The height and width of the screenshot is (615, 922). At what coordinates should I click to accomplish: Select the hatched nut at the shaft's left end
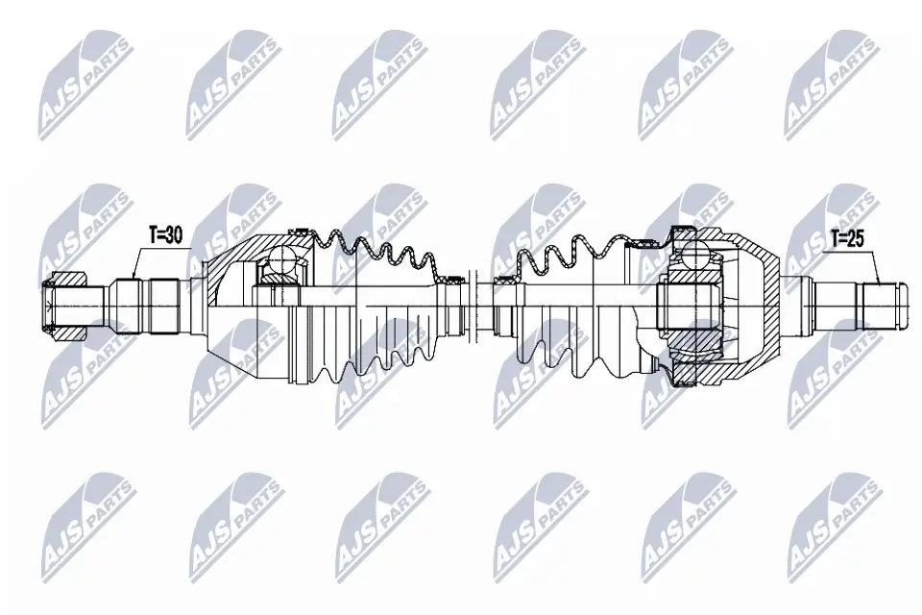pos(67,306)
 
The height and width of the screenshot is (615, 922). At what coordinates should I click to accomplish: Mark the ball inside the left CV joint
pos(282,259)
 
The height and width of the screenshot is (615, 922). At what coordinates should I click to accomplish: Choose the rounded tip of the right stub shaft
pos(899,306)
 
